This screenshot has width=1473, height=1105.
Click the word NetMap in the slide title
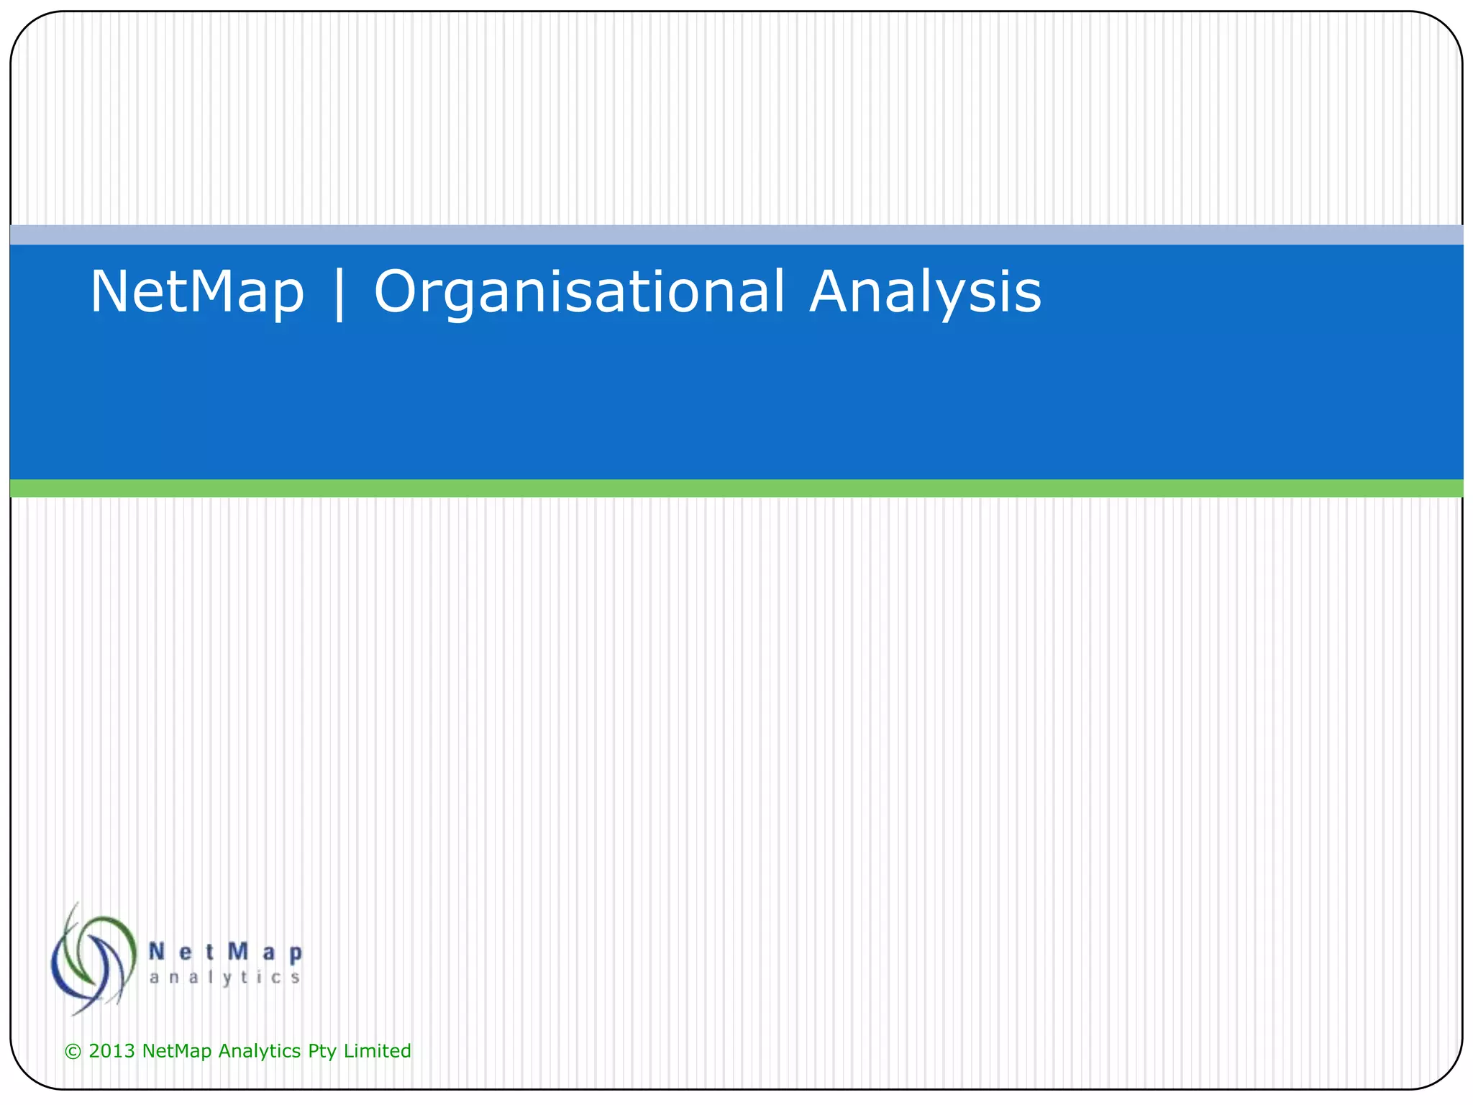coord(196,292)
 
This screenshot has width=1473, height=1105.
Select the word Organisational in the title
coord(579,292)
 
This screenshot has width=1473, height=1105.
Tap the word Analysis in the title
coord(925,292)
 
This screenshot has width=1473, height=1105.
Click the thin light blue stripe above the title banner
coord(736,235)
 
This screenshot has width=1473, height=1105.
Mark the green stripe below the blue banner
coord(736,488)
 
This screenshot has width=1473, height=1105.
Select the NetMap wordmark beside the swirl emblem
coord(225,952)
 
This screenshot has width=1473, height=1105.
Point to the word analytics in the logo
coord(224,978)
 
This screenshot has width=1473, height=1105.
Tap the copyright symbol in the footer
coord(73,1052)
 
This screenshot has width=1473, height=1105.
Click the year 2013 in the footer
coord(111,1051)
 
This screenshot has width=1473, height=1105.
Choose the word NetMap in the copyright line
coord(177,1051)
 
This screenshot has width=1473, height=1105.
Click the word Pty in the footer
coord(322,1051)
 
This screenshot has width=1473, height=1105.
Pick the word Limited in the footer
coord(377,1051)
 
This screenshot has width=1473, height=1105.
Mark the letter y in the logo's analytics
coord(226,979)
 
